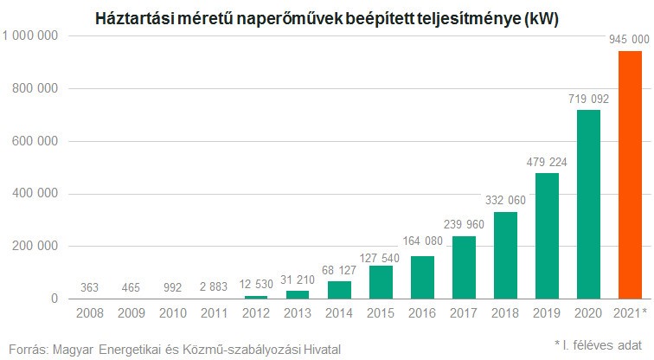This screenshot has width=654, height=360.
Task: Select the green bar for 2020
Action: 587,204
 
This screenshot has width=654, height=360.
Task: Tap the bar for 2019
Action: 547,235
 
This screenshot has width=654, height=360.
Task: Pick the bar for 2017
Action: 464,267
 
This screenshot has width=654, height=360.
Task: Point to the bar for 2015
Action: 381,282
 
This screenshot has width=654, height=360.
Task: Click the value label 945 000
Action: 629,41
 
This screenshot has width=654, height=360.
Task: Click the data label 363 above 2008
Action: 91,288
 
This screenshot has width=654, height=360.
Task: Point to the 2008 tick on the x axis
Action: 91,312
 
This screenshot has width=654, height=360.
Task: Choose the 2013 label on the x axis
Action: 298,312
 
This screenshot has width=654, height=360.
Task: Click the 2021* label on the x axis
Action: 629,312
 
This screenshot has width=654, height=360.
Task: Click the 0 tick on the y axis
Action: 54,299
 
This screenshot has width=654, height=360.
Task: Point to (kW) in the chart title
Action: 541,17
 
